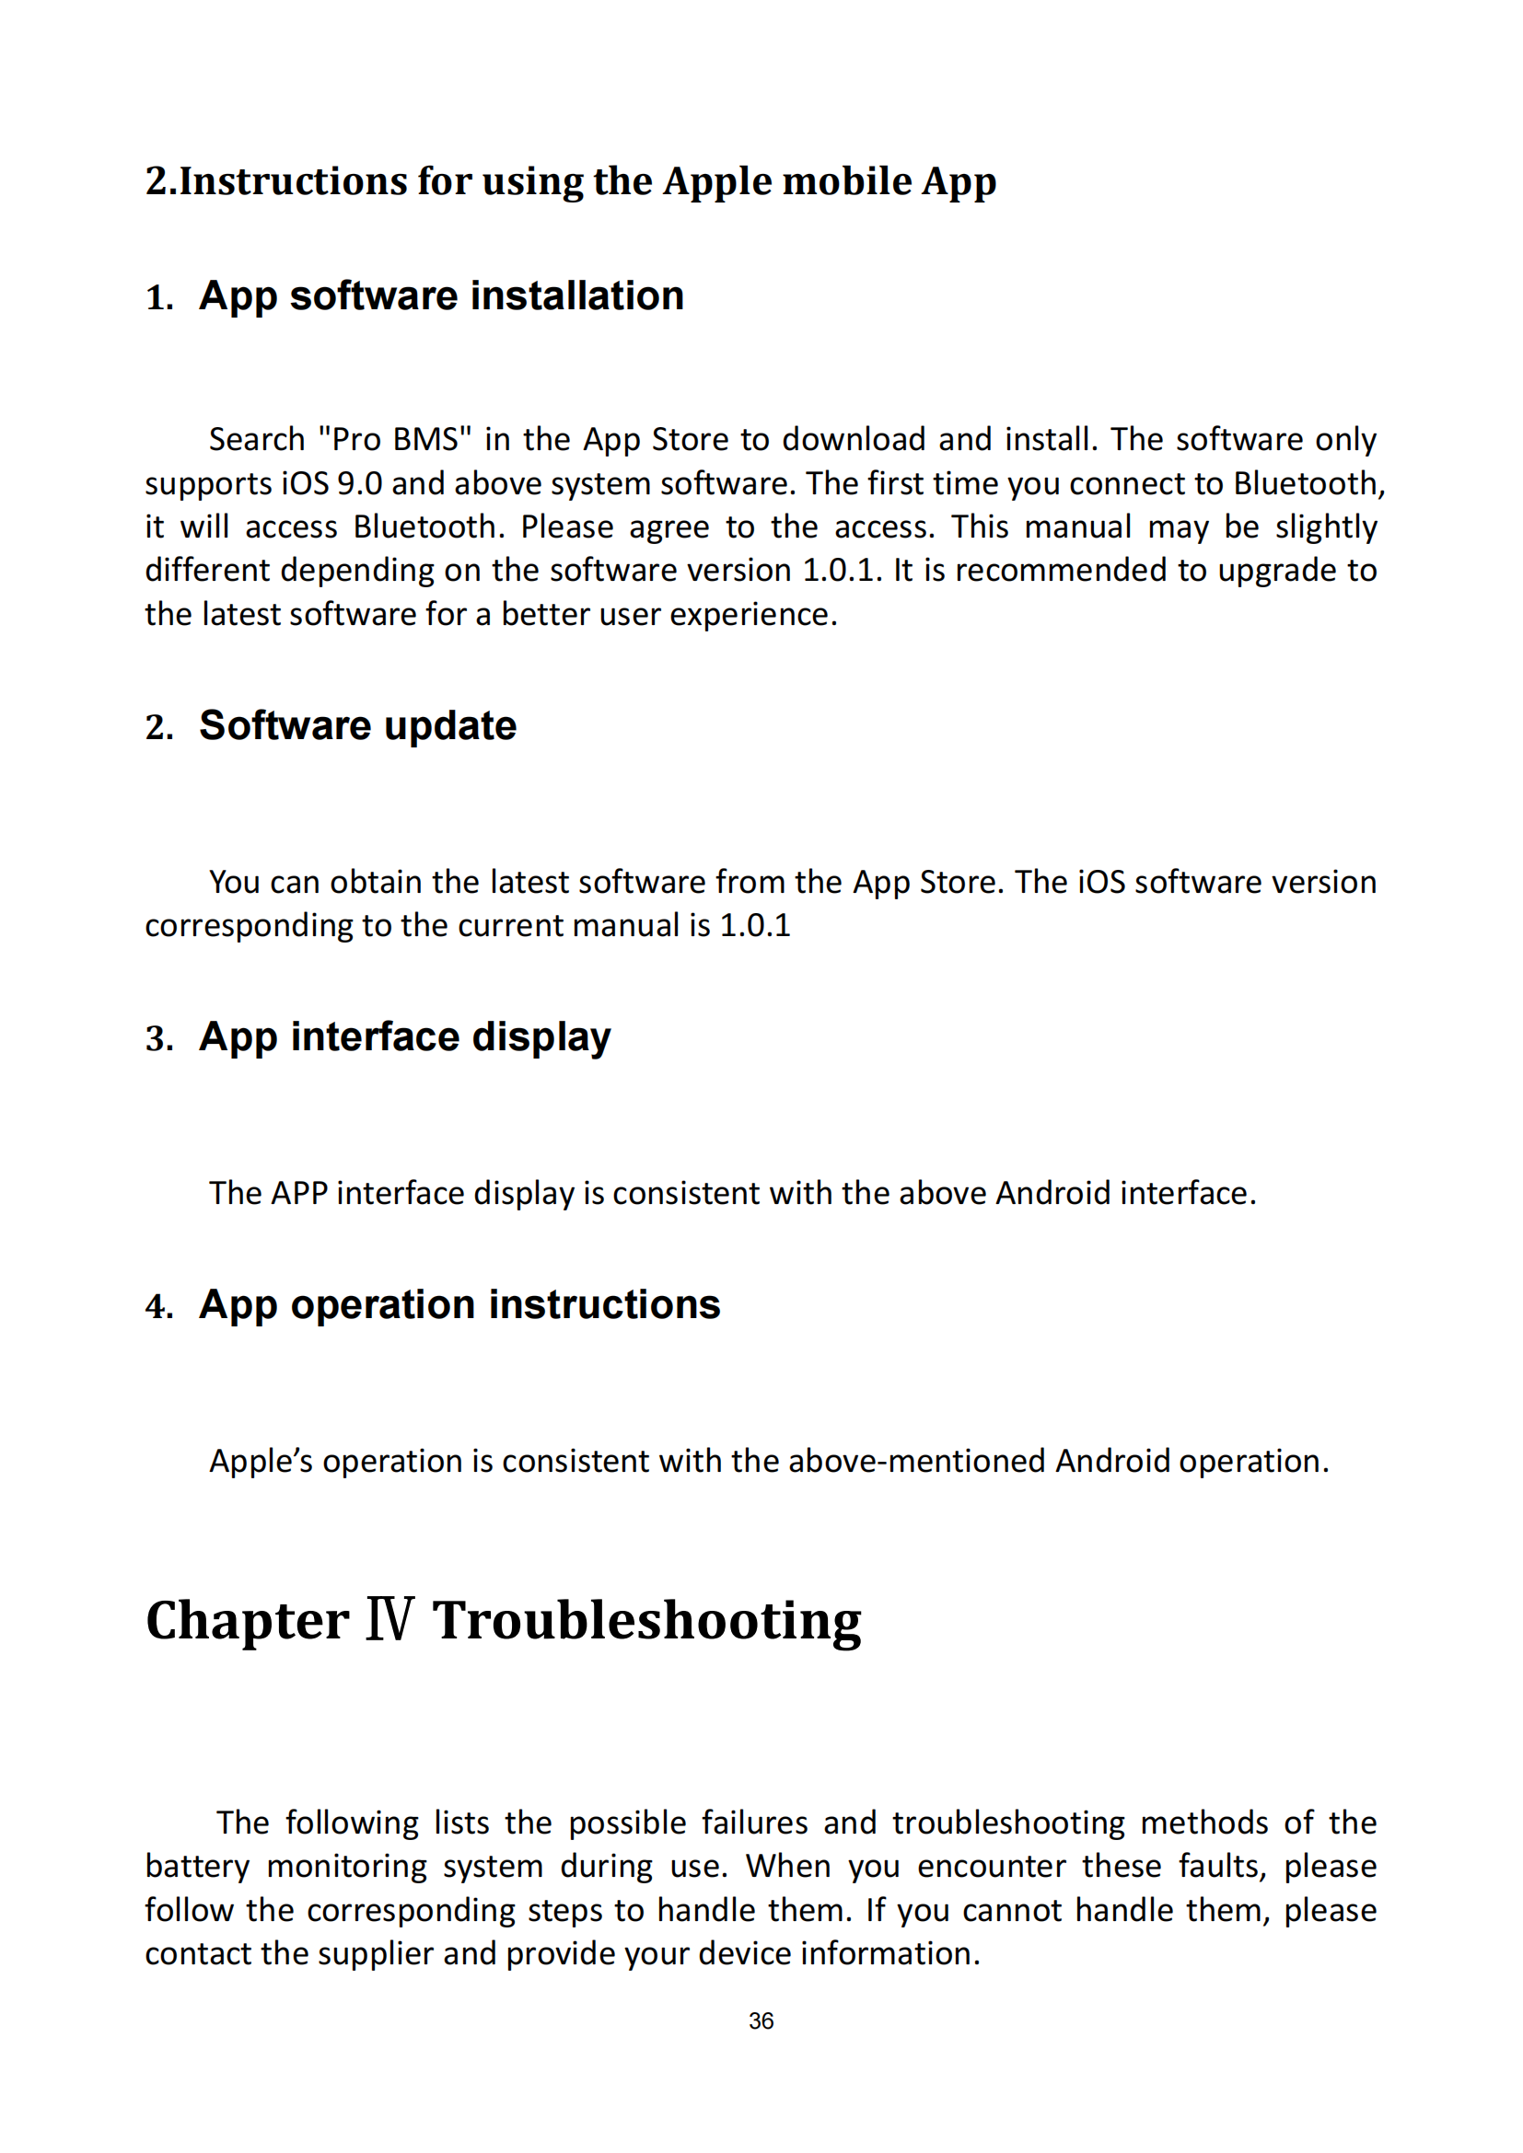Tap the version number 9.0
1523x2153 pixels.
(x=359, y=484)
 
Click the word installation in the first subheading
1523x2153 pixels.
(x=577, y=296)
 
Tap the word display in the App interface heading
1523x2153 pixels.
(x=541, y=1037)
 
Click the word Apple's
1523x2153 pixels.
(x=261, y=1462)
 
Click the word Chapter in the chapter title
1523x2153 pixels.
(x=248, y=1621)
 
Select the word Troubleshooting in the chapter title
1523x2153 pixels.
(x=646, y=1621)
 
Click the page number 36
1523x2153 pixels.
(x=761, y=2021)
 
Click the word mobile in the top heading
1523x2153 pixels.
(x=847, y=182)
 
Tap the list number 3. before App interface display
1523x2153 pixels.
(x=159, y=1039)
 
